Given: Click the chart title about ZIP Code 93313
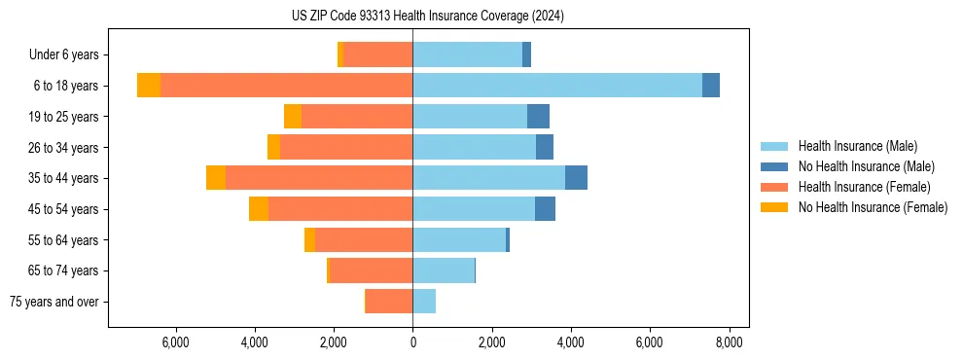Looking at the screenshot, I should [428, 16].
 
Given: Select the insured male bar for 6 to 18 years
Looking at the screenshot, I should [556, 86].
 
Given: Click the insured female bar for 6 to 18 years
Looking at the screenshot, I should [286, 86].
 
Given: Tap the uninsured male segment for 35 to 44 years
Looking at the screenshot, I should [576, 178].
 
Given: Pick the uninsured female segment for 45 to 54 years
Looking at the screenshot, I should [259, 209].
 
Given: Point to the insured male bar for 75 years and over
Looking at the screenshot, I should [424, 302].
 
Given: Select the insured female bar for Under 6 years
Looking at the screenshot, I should [377, 54].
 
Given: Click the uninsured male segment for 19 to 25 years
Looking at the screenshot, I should [538, 117].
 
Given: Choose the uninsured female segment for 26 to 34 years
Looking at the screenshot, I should [273, 147].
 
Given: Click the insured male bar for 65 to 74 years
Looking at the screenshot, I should [444, 270].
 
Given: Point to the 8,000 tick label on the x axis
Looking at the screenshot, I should [730, 342].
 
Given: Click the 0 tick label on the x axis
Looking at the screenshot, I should [412, 342].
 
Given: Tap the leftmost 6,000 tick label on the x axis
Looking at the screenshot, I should [175, 342].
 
